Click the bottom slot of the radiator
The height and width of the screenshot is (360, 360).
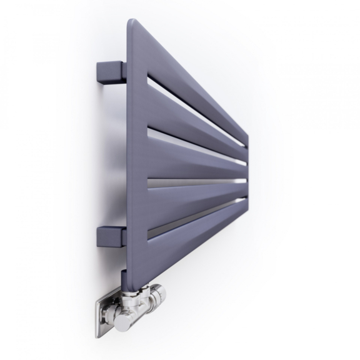[x=194, y=216]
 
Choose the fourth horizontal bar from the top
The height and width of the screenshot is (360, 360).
[x=194, y=197]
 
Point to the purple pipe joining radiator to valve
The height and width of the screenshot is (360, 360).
[x=127, y=281]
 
